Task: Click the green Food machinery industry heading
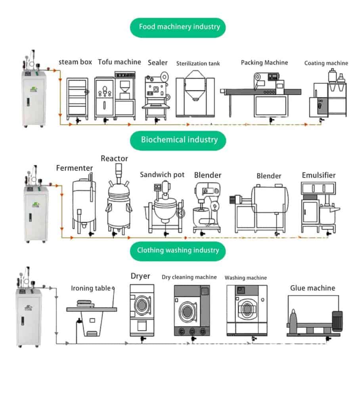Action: point(179,27)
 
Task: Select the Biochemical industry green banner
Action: point(179,140)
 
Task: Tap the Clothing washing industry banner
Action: point(178,250)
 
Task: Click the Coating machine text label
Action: point(326,63)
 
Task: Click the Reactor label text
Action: point(114,159)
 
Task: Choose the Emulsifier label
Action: point(319,175)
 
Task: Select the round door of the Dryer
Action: point(142,306)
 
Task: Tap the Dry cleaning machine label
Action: point(189,277)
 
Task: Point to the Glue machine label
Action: point(312,288)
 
